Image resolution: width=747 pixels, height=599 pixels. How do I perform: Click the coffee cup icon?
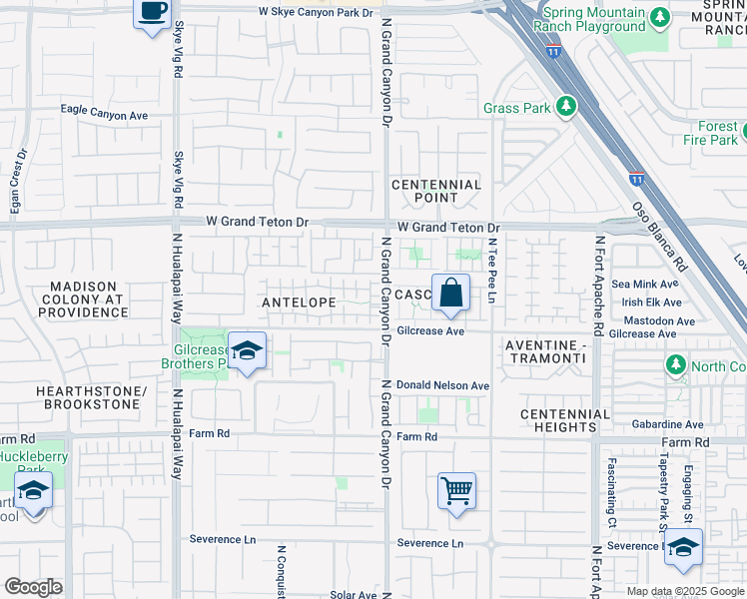pos(152,13)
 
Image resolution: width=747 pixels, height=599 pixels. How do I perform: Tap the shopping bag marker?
pos(450,293)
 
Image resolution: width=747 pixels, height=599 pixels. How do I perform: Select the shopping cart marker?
pos(456,490)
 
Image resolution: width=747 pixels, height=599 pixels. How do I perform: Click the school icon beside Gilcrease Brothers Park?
pos(247,350)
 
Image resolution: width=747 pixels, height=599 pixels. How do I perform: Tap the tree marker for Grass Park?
pos(566,106)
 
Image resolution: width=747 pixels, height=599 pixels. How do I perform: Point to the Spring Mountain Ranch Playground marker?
pos(658,17)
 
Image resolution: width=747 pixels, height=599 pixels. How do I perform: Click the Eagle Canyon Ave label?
pos(104,115)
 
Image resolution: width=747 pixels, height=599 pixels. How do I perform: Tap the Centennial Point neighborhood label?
pos(436,192)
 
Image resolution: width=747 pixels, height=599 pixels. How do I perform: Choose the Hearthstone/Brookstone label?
pos(89,397)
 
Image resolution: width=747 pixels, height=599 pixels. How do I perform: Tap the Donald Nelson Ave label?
pos(442,385)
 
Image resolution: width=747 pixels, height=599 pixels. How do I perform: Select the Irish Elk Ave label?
pos(651,302)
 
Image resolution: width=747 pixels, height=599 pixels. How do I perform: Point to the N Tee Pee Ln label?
pos(491,264)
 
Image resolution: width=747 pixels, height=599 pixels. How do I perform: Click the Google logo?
pos(33,587)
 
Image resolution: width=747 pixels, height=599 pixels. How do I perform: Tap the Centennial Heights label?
pos(564,420)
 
